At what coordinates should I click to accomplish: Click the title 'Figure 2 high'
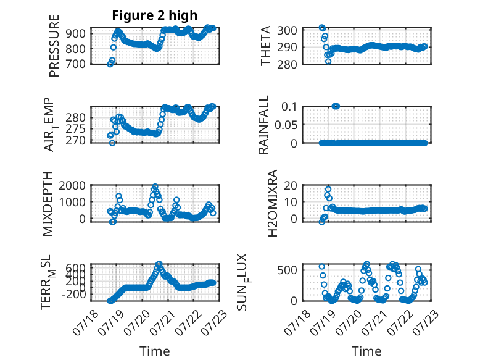(155, 15)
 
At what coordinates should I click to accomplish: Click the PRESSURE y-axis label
(54, 46)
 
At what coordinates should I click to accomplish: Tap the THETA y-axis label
(266, 46)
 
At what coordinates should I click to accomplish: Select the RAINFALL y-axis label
(263, 124)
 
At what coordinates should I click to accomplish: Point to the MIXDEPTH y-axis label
(48, 204)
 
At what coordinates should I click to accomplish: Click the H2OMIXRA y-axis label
(273, 203)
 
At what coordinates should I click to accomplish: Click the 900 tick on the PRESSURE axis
(76, 33)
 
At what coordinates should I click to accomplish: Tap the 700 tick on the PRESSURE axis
(76, 64)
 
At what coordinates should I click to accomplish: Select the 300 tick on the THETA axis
(288, 31)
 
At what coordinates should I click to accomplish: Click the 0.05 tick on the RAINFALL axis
(286, 125)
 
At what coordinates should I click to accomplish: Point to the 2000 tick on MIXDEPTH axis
(72, 186)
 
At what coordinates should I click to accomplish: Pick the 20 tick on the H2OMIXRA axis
(291, 186)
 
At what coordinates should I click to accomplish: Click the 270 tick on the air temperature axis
(76, 141)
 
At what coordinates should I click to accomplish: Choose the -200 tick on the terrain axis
(74, 295)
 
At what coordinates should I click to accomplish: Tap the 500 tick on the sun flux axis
(288, 270)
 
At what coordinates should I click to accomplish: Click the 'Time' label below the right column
(366, 351)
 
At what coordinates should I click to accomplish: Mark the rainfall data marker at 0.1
(336, 106)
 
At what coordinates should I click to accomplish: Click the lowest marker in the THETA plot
(328, 61)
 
